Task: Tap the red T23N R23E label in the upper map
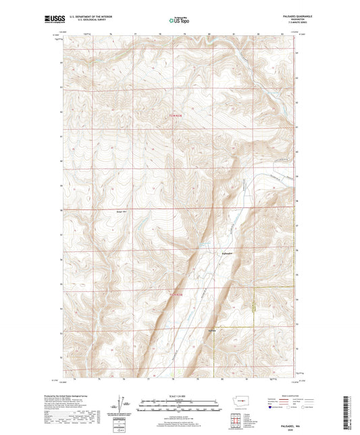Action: (175, 116)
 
